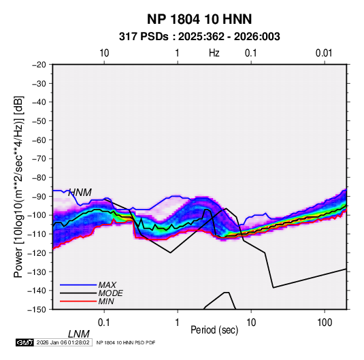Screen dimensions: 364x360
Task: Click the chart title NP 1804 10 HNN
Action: point(199,19)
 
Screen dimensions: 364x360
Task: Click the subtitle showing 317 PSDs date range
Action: point(199,37)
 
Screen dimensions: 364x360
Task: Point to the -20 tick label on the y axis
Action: point(39,65)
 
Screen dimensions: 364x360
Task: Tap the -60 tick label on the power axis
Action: point(39,140)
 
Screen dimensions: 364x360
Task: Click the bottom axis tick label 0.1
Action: point(103,323)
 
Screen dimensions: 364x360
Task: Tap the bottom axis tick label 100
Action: point(325,323)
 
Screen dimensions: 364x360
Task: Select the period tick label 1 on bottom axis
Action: point(178,323)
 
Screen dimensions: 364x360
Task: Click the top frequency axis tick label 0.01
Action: point(324,53)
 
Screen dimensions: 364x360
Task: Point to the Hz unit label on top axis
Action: point(214,53)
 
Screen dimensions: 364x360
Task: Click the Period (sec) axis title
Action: point(214,330)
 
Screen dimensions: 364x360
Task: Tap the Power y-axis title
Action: point(18,186)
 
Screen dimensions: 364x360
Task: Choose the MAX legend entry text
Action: point(107,285)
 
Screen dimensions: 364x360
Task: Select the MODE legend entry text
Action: point(110,293)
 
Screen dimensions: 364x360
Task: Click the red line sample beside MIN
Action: point(78,301)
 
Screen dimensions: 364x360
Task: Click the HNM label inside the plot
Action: point(80,193)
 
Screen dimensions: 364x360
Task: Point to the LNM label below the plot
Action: point(79,334)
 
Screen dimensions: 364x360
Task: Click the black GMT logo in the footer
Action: point(25,342)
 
